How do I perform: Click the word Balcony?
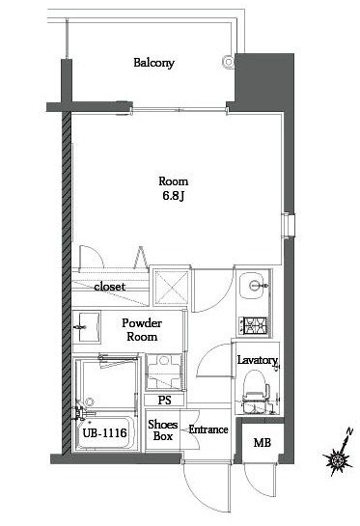153,64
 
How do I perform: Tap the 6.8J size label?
175,198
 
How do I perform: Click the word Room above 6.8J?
174,181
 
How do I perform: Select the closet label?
109,286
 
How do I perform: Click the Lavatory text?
257,361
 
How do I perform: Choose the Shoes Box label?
160,429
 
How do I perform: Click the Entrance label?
208,429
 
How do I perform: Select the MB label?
262,443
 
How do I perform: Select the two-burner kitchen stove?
257,325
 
